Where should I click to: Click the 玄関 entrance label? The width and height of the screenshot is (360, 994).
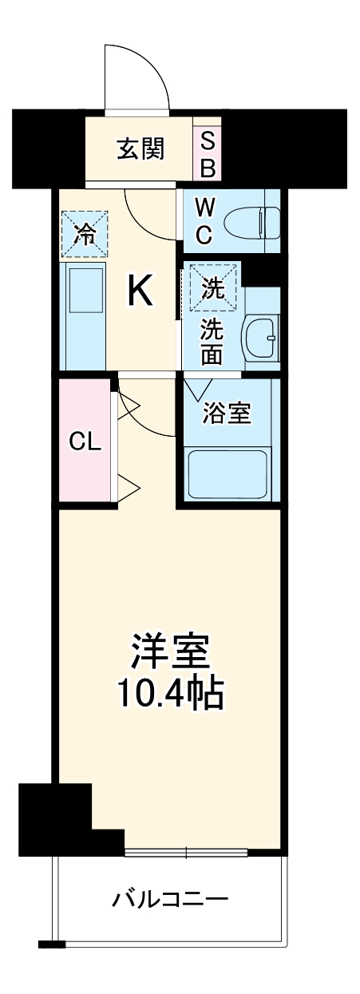tap(141, 149)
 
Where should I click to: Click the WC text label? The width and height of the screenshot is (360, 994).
tap(204, 223)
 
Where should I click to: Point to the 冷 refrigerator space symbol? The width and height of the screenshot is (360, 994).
tap(84, 234)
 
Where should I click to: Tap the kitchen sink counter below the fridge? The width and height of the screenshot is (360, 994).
tap(84, 315)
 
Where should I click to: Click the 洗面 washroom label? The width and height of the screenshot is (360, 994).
tap(212, 341)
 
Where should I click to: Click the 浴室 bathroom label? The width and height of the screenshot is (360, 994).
tap(227, 414)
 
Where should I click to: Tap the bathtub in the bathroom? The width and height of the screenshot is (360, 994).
tap(227, 473)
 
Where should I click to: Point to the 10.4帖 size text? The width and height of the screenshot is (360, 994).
tap(170, 695)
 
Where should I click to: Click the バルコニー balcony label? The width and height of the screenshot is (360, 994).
tap(170, 900)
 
